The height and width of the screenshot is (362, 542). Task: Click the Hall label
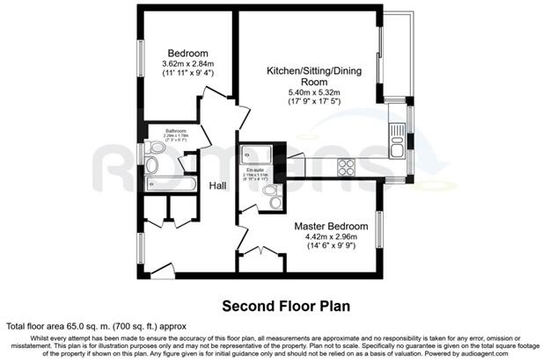(x=218, y=185)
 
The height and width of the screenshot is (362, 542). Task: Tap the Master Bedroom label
(x=331, y=224)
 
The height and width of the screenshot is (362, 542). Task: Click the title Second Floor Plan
(x=285, y=307)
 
